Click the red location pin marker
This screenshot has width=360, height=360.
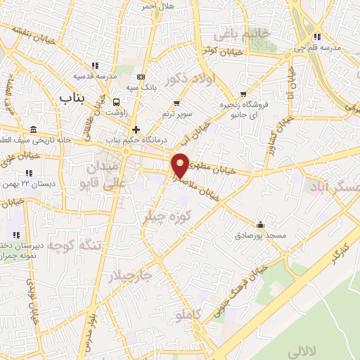pos(181,165)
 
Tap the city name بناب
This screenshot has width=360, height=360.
pos(72,98)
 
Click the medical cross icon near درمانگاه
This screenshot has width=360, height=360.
pos(136,129)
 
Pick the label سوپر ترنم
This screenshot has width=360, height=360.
pos(176,112)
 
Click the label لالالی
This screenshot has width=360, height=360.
pos(325,349)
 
